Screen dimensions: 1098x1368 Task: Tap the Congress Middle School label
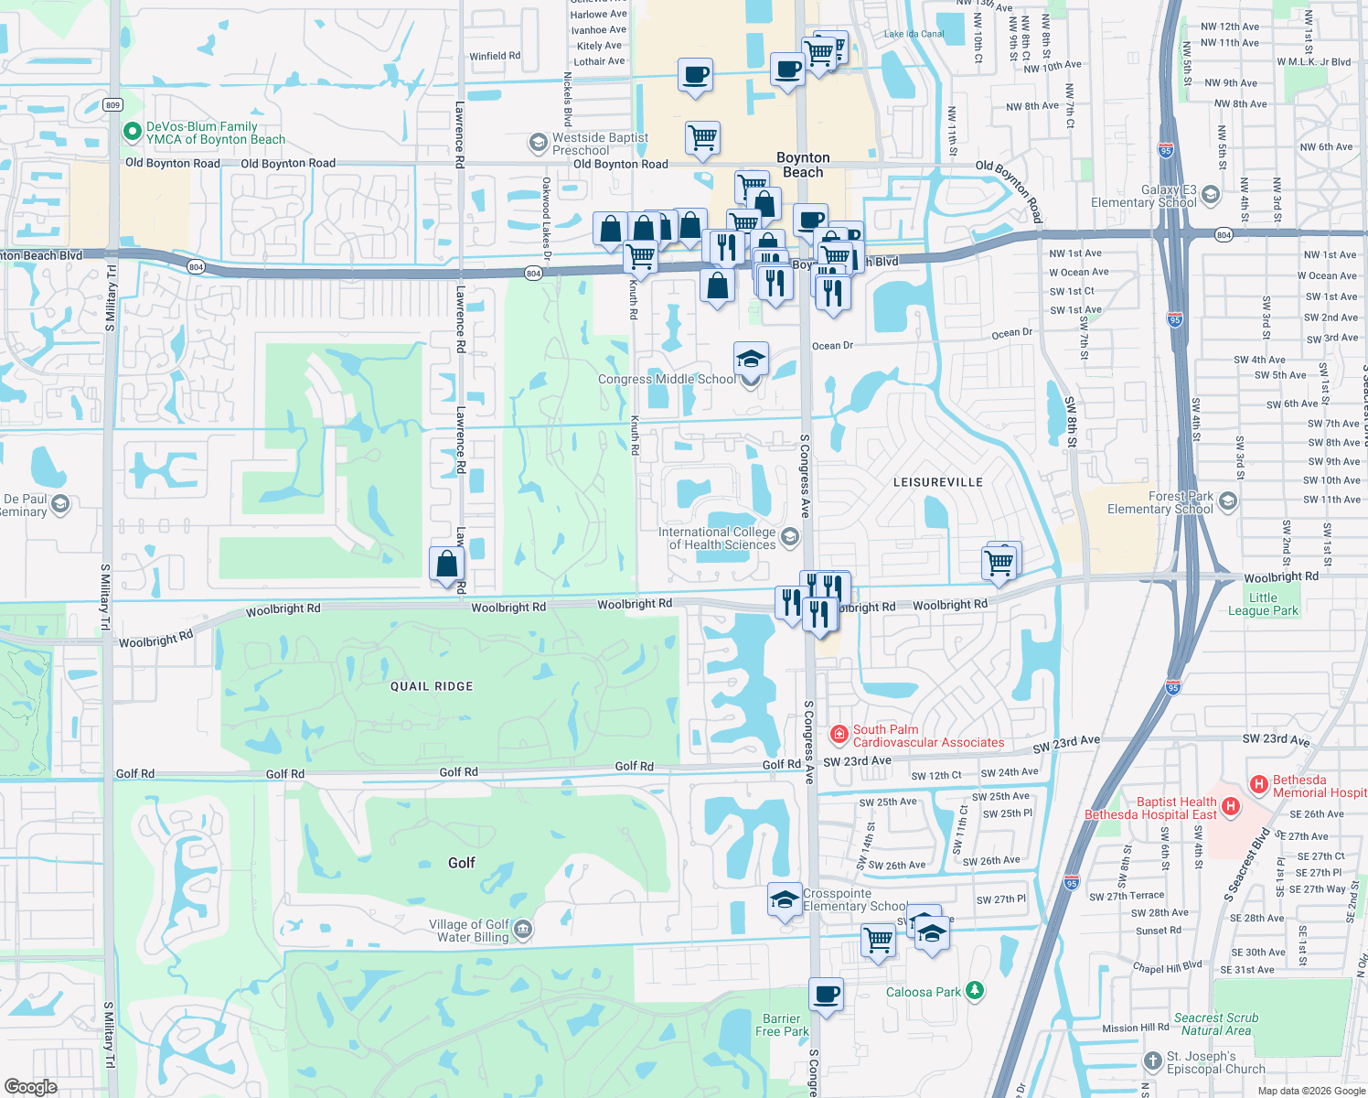coord(666,379)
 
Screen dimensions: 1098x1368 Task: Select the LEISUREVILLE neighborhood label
coord(937,482)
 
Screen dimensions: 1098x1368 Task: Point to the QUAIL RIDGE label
coord(432,686)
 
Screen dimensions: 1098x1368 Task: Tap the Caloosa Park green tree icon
coord(975,991)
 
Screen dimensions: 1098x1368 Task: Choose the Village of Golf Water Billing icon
coord(522,930)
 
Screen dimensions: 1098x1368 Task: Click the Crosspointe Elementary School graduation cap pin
coord(785,900)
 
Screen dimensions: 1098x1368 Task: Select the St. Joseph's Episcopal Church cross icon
coord(1152,1061)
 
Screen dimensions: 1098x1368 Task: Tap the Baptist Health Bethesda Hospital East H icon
coord(1231,806)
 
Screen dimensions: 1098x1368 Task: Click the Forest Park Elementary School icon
coord(1228,501)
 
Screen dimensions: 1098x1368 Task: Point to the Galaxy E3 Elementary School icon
coord(1211,195)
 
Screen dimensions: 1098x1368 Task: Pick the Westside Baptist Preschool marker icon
coord(538,143)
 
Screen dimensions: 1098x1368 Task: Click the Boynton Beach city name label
coord(803,165)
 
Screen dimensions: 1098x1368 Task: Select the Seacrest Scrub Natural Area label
coord(1216,1024)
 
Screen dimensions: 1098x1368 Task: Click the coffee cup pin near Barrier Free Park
coord(826,994)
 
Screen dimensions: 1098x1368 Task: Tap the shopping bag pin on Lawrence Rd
coord(446,564)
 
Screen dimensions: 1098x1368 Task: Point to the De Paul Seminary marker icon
coord(60,504)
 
